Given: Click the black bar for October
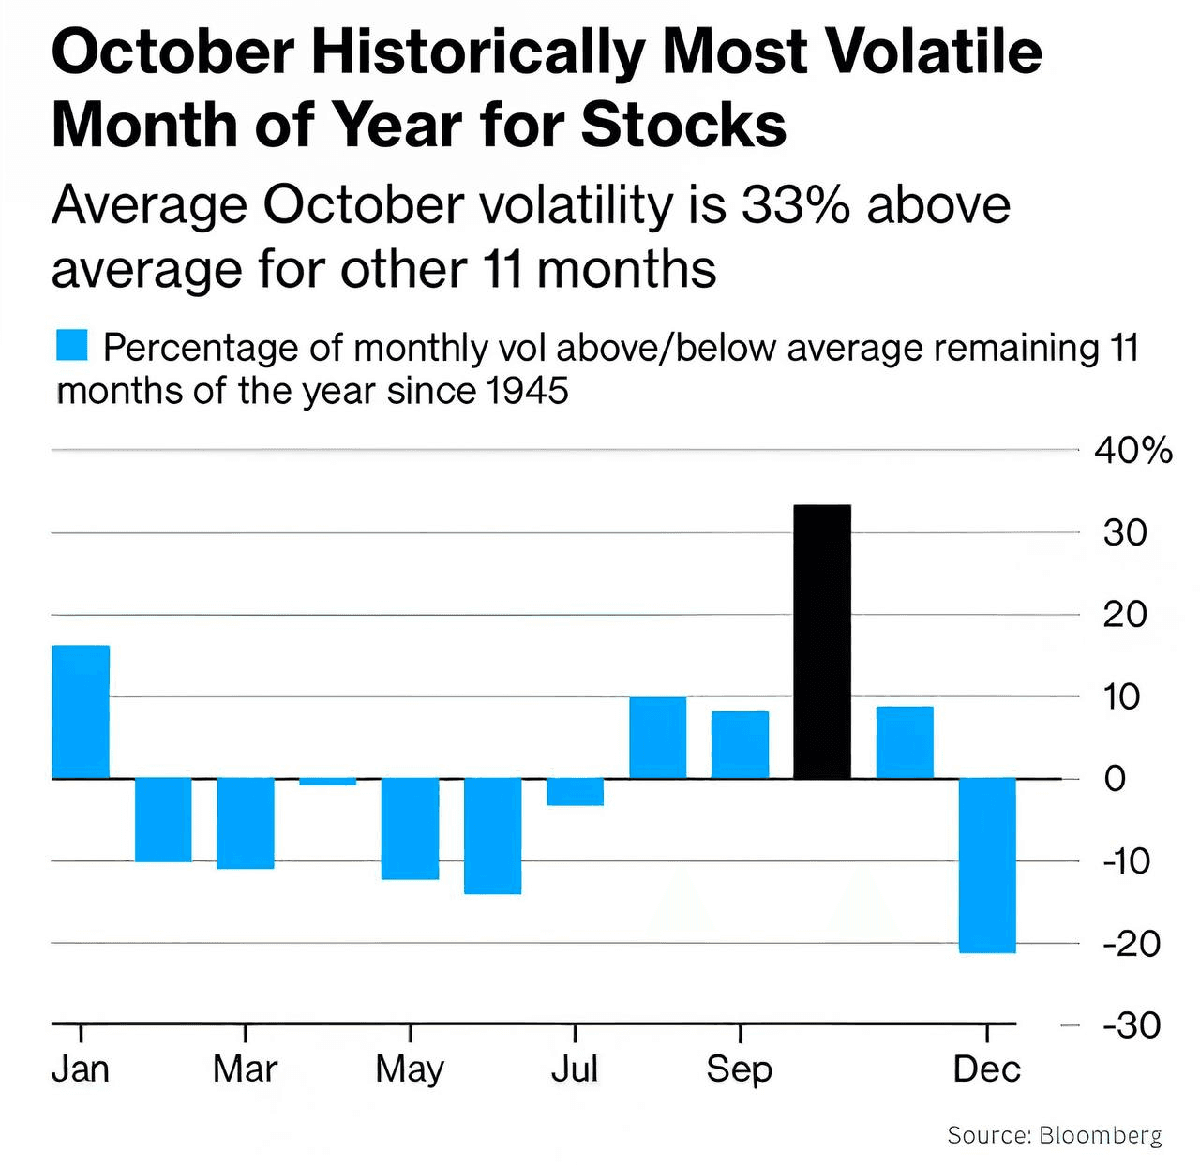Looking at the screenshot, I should click(x=822, y=642).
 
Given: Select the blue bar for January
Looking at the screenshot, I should click(x=81, y=711).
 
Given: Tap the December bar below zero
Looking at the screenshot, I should click(x=987, y=865).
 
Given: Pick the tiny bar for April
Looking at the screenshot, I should click(x=328, y=782).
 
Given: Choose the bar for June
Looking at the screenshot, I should click(x=493, y=836).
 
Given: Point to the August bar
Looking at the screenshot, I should click(x=657, y=738).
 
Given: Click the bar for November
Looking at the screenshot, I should click(x=905, y=742).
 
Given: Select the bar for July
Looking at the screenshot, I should click(x=575, y=792).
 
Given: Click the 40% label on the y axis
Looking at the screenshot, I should click(x=1133, y=451).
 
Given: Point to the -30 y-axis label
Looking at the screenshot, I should click(x=1132, y=1025).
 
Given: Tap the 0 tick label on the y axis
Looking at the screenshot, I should click(x=1115, y=779).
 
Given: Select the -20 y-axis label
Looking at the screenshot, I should click(x=1132, y=943).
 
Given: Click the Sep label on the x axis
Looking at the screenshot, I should click(x=739, y=1069).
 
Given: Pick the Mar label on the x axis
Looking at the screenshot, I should click(x=245, y=1069).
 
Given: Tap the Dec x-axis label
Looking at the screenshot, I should click(x=986, y=1069).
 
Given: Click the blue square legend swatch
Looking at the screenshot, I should click(x=72, y=345).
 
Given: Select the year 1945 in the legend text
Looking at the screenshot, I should click(x=528, y=391).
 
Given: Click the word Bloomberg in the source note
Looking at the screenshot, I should click(x=1101, y=1135).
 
